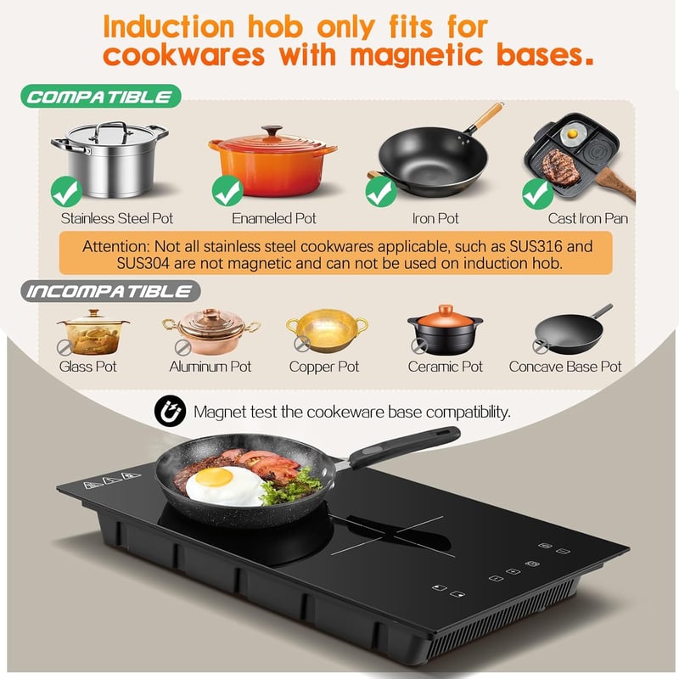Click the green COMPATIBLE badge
(100, 96)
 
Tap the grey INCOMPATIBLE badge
(110, 291)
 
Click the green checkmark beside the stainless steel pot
(66, 192)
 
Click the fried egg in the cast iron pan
(572, 135)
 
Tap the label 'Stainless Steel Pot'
(117, 218)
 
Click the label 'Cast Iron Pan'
(587, 218)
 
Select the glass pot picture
(93, 331)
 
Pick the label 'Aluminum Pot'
(210, 367)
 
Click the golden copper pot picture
(327, 330)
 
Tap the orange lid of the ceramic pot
(445, 316)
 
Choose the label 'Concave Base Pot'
(565, 367)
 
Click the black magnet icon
(171, 412)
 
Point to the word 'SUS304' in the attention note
(143, 263)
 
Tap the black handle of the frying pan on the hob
(405, 447)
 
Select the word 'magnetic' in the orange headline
(415, 55)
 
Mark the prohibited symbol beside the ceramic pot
(419, 346)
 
